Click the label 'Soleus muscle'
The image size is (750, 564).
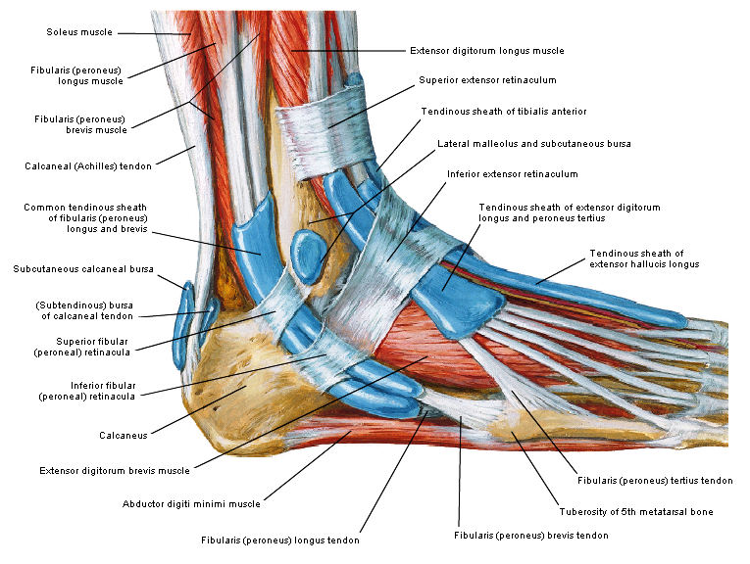click(78, 32)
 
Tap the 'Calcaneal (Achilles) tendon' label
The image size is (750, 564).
click(88, 166)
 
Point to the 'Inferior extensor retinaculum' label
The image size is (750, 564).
click(512, 173)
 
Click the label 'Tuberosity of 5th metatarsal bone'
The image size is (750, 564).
click(635, 511)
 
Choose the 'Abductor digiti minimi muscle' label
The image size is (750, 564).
click(191, 504)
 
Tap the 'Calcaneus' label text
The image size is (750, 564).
click(124, 435)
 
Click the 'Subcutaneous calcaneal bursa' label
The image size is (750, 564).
click(82, 268)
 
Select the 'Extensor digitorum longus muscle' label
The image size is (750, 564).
click(486, 50)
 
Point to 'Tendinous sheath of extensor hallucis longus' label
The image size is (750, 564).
click(643, 258)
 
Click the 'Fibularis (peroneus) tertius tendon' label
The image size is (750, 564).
click(655, 480)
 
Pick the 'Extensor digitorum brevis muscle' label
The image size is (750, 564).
click(115, 471)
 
